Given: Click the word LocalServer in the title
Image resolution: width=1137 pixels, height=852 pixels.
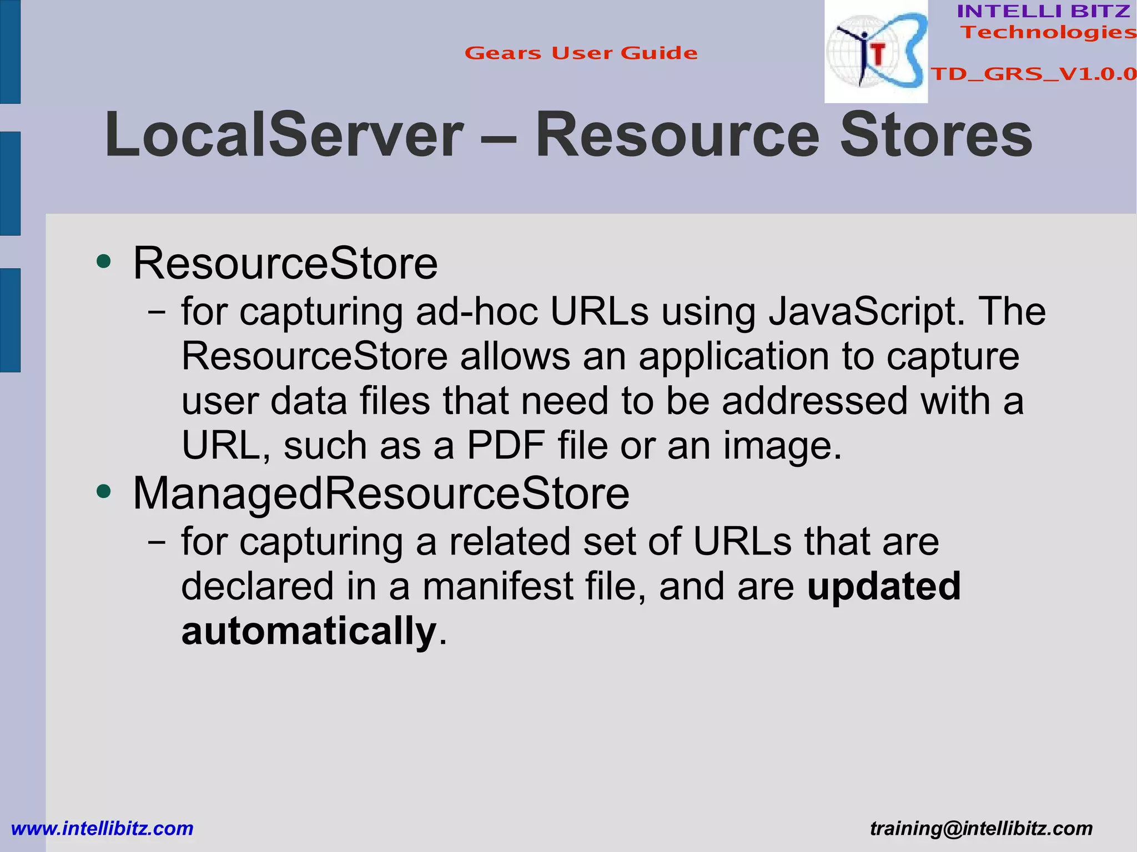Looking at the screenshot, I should click(284, 135).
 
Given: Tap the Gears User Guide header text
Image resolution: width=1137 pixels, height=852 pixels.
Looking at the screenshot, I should click(581, 53).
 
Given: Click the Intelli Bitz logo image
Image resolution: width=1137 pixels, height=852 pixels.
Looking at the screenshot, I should click(876, 52).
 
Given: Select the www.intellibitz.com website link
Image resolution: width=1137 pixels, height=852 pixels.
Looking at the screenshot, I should click(102, 829).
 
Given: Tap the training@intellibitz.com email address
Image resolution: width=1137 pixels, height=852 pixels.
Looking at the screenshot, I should click(981, 829).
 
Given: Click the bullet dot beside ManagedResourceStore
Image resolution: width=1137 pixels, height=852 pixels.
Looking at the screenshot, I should click(103, 491).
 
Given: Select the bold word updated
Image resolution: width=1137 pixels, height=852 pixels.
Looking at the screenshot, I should click(884, 587).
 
